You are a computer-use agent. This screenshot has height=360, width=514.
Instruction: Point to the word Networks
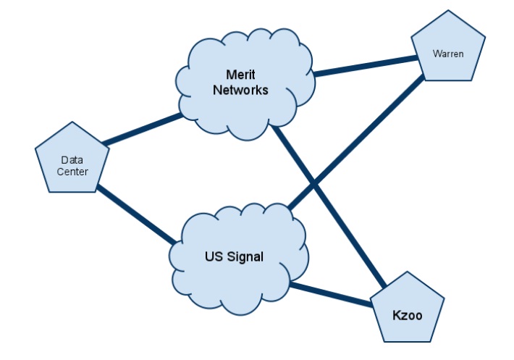pyautogui.click(x=245, y=91)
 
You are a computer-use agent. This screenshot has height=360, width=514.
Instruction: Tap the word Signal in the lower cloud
pyautogui.click(x=248, y=256)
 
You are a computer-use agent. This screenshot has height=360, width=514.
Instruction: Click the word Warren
pyautogui.click(x=447, y=54)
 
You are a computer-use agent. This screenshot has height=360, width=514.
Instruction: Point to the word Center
pyautogui.click(x=73, y=172)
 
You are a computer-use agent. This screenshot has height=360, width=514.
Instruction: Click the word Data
pyautogui.click(x=72, y=160)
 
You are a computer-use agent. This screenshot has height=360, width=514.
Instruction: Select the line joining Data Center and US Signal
pyautogui.click(x=138, y=214)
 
